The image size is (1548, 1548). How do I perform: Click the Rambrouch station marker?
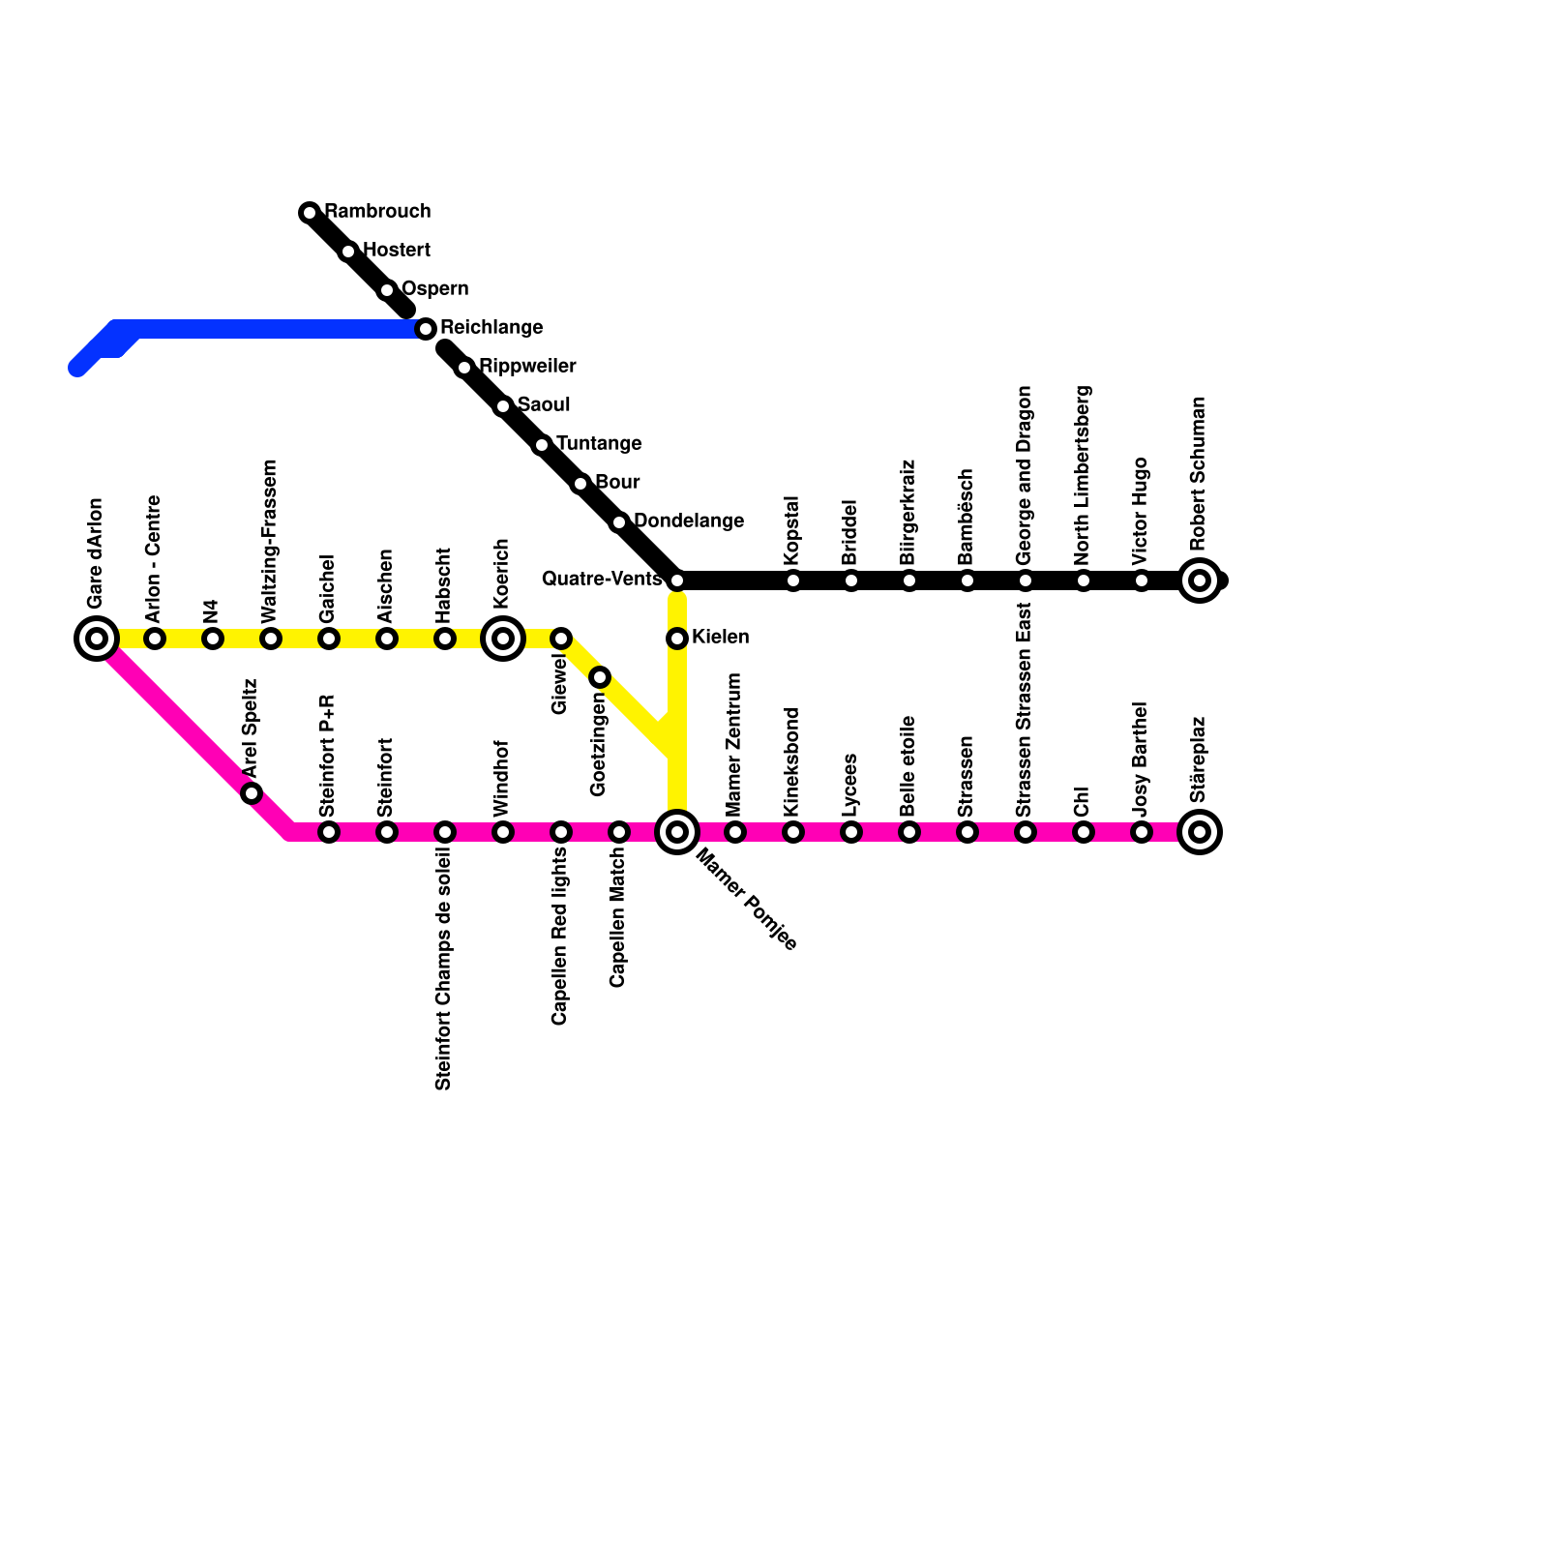coord(310,213)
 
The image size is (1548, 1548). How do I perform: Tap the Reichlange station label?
coord(491,328)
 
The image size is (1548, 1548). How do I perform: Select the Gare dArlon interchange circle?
coord(97,639)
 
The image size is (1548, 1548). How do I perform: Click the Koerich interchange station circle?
coord(503,639)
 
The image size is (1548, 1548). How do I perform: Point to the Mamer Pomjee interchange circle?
coord(677,832)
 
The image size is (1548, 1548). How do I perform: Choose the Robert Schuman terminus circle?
coord(1200,580)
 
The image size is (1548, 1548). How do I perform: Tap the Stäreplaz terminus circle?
coord(1200,832)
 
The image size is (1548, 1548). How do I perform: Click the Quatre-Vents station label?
coord(602,580)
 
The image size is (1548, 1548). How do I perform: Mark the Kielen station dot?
coord(677,639)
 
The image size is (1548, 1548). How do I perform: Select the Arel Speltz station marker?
coord(252,793)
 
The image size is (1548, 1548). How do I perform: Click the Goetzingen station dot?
coord(600,677)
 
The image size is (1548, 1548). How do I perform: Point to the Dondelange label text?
coord(689,521)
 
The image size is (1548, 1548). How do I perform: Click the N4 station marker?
coord(213,639)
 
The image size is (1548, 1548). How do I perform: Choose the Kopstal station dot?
coord(793,580)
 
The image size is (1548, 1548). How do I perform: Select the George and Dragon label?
coord(1025,475)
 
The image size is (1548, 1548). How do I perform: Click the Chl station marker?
coord(1084,832)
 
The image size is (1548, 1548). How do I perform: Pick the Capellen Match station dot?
coord(619,832)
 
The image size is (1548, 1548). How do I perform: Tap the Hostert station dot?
coord(348,252)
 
